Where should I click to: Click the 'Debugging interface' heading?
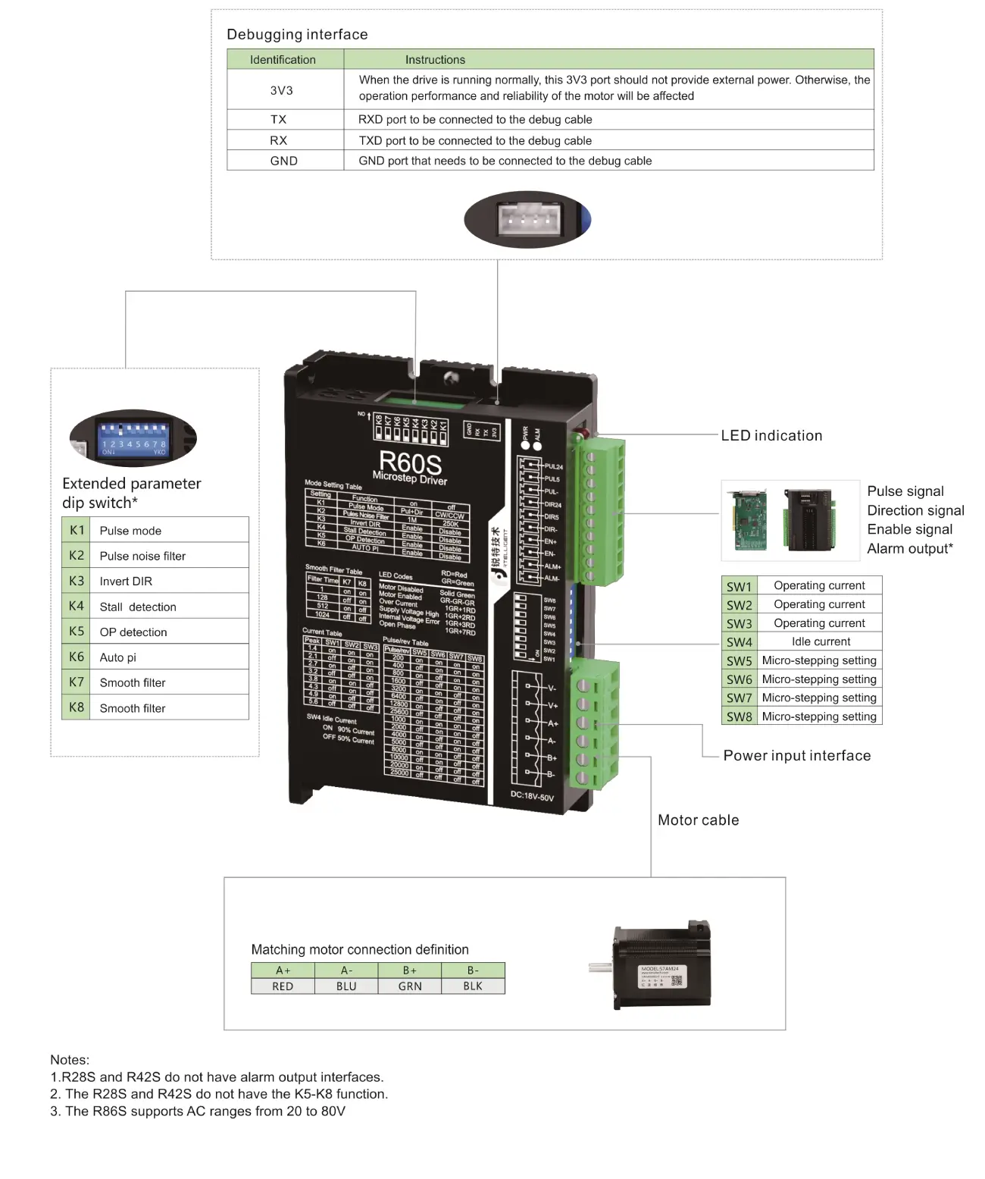(297, 34)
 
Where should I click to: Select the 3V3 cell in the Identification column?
(281, 90)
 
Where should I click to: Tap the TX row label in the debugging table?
(278, 119)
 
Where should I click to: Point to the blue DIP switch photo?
(133, 439)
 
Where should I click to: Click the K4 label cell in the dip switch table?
(76, 606)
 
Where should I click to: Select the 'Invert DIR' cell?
(126, 581)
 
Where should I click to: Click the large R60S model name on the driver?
(410, 462)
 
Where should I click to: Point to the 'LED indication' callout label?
(771, 435)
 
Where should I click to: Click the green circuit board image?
(749, 520)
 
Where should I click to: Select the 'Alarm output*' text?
(910, 548)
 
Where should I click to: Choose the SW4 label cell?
(739, 642)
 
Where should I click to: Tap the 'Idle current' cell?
(821, 641)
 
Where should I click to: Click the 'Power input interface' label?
(796, 755)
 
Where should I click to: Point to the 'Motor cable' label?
(698, 820)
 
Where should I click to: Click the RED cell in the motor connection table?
(283, 986)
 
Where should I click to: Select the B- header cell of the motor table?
(473, 970)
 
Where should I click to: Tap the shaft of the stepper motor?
(599, 967)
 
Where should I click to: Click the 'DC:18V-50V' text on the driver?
(532, 797)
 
